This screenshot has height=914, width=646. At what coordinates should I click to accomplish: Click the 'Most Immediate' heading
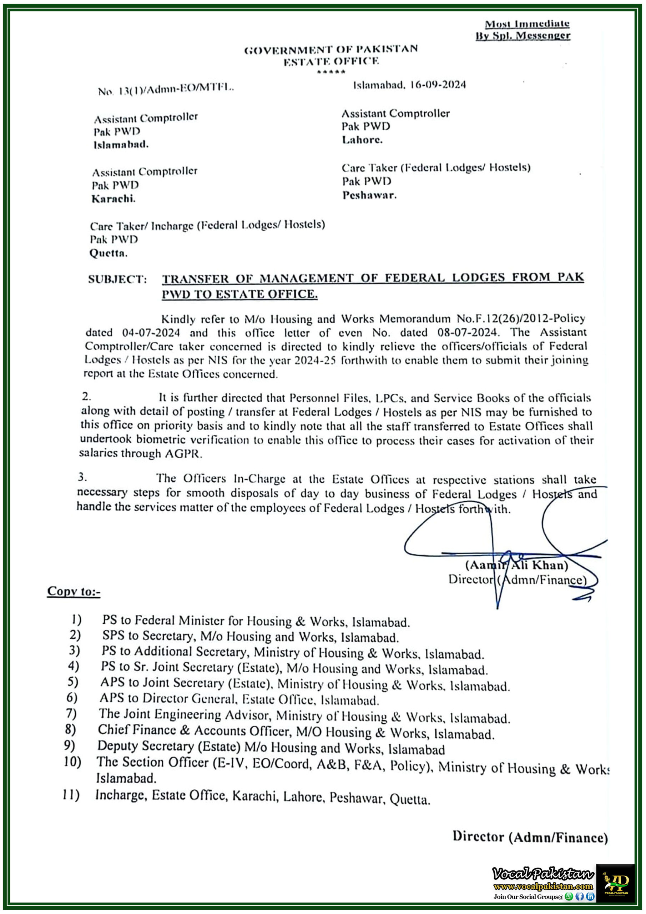pos(526,24)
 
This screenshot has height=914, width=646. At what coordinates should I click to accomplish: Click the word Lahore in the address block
pos(362,140)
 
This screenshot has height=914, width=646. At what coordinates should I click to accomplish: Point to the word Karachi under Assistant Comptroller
pos(113,199)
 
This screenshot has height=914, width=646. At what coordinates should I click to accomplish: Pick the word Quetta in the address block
pos(108,253)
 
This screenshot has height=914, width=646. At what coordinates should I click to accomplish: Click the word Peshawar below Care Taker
pos(369,195)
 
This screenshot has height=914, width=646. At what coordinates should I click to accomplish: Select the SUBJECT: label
pos(117,279)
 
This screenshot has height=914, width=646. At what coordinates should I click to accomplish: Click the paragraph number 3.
pos(82,477)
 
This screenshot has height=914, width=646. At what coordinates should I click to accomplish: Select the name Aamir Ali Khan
pos(517,565)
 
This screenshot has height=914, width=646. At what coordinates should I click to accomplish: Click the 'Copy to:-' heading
pos(74,591)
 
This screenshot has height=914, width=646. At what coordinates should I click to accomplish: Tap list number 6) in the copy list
pos(72,697)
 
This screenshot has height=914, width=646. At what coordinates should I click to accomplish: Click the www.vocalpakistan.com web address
pos(543,886)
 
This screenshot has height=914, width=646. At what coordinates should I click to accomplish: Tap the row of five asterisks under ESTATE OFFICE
pos(331,72)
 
